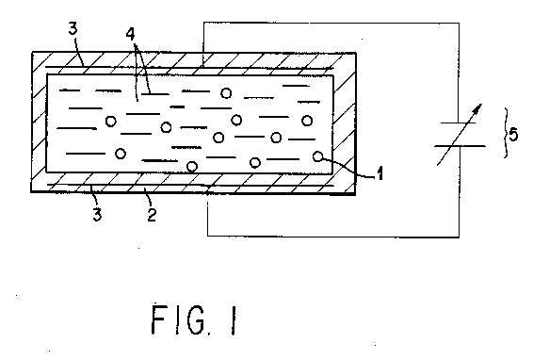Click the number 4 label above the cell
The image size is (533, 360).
point(131,34)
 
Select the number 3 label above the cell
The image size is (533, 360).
point(73,29)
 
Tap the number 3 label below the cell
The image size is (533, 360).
point(97,215)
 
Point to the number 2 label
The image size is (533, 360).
point(152,215)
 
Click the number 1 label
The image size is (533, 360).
point(380,173)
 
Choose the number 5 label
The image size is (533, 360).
point(513,135)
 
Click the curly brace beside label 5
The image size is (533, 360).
point(506,133)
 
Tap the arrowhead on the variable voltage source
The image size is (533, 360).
point(478,108)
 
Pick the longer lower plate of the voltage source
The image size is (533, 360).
point(460,146)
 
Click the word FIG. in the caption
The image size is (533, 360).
point(179,319)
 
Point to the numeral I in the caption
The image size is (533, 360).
point(234,319)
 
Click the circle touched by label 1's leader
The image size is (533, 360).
point(317,156)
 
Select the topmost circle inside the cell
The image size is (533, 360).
point(226,93)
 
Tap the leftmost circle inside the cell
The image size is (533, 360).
point(110,121)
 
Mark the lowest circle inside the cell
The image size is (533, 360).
point(192,167)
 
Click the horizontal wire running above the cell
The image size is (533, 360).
point(331,24)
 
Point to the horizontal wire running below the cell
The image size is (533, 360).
point(333,236)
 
